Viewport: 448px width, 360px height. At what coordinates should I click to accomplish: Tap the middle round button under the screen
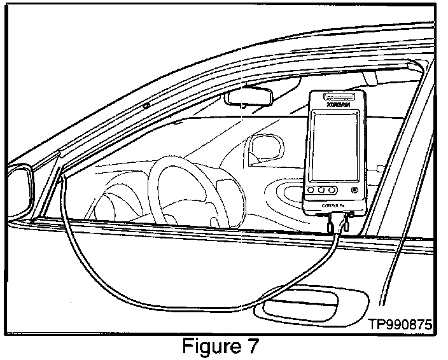pyautogui.click(x=323, y=190)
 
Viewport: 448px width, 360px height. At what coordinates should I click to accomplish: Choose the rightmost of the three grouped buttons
pyautogui.click(x=332, y=190)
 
